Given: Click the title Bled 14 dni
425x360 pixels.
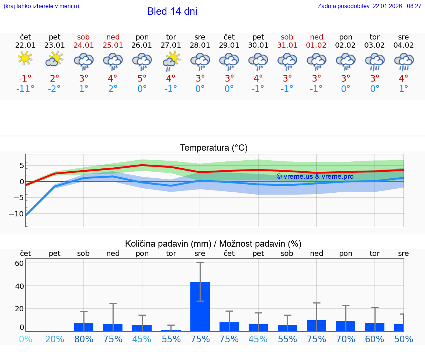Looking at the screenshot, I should tap(172, 11).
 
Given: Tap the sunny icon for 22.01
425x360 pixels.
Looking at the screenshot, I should tap(25, 58).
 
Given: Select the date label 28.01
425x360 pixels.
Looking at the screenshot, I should tap(200, 45).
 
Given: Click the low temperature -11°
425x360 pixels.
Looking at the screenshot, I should tap(25, 89).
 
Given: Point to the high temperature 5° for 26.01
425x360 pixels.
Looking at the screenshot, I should tap(142, 79).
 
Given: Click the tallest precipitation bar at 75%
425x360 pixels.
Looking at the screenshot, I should tap(200, 306).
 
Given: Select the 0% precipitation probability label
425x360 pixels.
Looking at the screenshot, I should tap(25, 339).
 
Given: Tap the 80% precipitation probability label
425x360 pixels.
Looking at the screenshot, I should tap(84, 339).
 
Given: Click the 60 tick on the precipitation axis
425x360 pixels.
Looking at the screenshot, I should tap(19, 263).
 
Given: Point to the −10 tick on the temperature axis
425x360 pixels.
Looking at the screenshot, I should tap(16, 214).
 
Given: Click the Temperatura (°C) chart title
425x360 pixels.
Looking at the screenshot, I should tap(214, 148).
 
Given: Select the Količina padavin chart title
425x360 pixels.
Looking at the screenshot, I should tap(213, 244).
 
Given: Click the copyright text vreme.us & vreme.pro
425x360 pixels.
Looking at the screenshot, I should tap(315, 176).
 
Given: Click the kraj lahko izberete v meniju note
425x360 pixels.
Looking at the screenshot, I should tap(41, 6).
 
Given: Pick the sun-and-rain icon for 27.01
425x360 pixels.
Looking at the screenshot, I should tap(171, 61).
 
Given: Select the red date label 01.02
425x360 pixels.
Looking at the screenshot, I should tap(317, 45).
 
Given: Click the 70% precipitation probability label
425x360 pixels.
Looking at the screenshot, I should tap(346, 339).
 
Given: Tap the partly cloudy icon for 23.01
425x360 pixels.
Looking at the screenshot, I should tap(54, 59).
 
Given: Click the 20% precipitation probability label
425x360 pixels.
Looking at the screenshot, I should tap(55, 339).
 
